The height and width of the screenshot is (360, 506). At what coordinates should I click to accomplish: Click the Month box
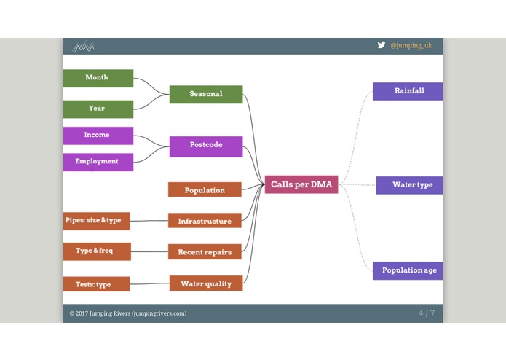coord(98,78)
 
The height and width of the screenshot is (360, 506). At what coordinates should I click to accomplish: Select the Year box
coord(98,109)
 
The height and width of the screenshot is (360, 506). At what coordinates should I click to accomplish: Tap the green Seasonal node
coord(206,94)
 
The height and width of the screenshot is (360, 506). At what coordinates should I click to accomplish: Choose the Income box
coord(98,136)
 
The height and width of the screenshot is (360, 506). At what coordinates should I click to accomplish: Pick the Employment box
coord(98,162)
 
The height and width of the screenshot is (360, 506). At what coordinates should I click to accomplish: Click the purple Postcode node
coord(206,146)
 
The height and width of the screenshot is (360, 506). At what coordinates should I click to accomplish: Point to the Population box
coord(205,190)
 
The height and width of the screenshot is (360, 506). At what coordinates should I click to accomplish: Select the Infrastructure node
coord(205,221)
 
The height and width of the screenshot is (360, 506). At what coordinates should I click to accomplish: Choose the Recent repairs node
coord(205,252)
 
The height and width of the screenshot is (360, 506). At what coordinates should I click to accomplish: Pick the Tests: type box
coord(95,284)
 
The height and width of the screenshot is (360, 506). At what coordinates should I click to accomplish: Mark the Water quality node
coord(206,283)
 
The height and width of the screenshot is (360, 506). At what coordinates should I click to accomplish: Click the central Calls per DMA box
coord(301,184)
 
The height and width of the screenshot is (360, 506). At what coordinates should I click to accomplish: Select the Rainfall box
coord(408,91)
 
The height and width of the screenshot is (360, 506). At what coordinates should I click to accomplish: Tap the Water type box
coord(411,185)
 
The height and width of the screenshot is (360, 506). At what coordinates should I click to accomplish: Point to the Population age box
coord(408,270)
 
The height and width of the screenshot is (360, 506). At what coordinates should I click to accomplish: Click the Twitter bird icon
coord(381,45)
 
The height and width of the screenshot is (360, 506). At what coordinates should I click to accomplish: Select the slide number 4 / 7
coord(426,313)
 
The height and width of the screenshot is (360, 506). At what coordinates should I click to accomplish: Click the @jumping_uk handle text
coord(411,45)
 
